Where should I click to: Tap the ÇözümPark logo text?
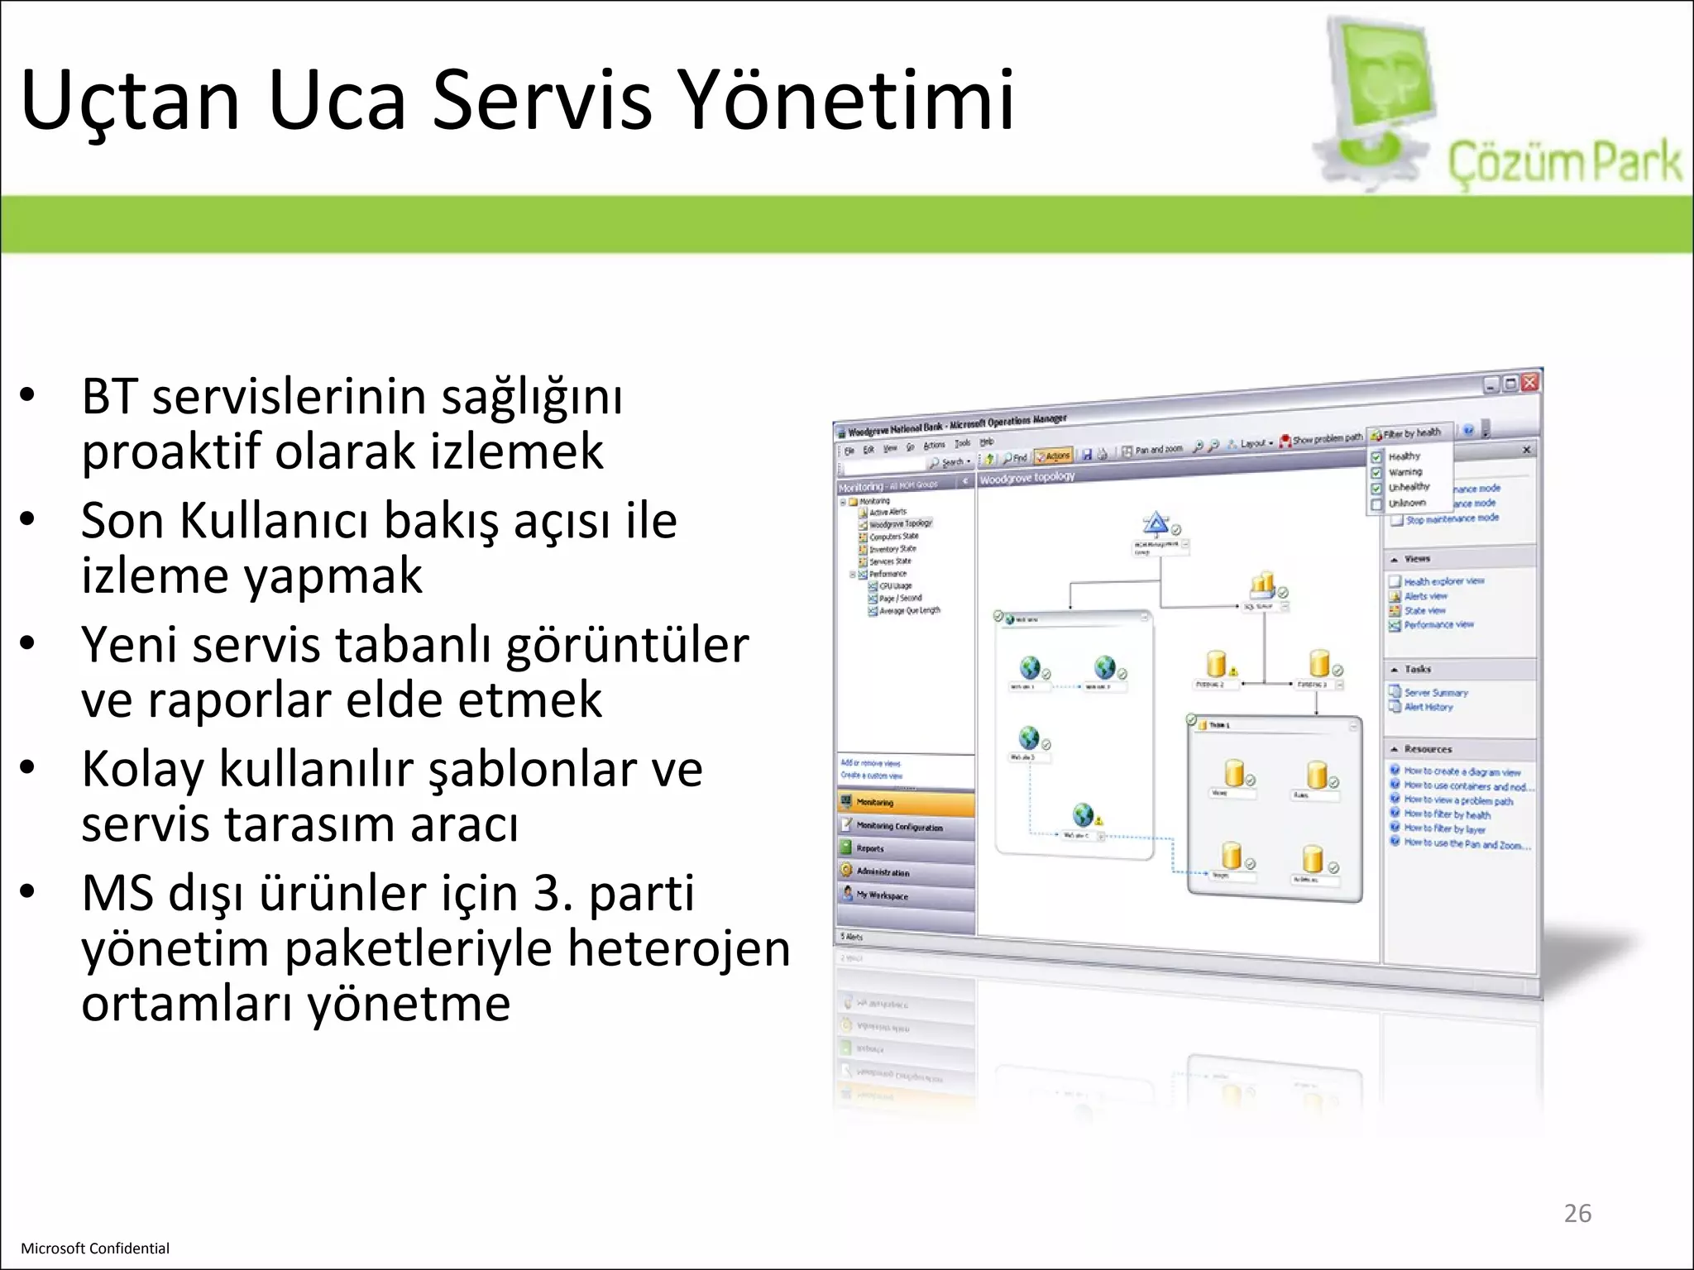tap(1563, 162)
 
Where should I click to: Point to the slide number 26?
tap(1577, 1213)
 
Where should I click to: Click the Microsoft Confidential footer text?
tap(95, 1249)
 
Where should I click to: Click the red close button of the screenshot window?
tap(1529, 382)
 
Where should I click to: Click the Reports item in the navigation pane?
tap(870, 848)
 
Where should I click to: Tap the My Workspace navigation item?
tap(882, 895)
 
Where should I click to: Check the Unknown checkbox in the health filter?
tap(1376, 504)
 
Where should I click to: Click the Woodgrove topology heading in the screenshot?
tap(1027, 478)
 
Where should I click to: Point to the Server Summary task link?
tap(1436, 693)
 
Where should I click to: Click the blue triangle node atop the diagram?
tap(1156, 523)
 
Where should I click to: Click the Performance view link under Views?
tap(1438, 625)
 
